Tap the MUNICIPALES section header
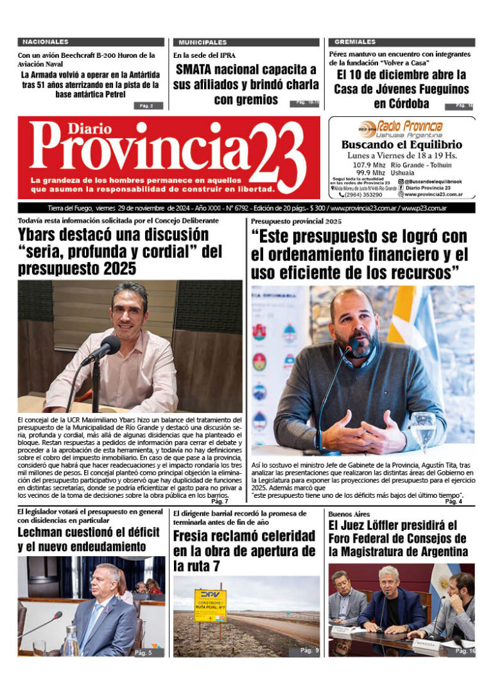[x=202, y=42]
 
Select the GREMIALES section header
[x=350, y=42]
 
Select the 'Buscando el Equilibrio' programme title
[x=401, y=145]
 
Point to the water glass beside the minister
[x=422, y=432]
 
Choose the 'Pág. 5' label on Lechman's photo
[x=143, y=653]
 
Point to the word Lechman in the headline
[x=44, y=532]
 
